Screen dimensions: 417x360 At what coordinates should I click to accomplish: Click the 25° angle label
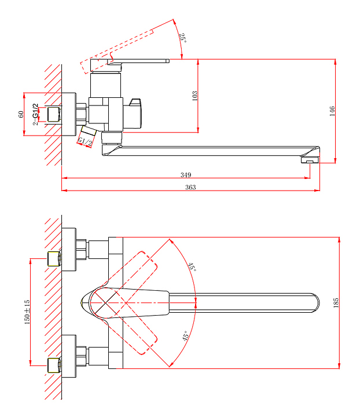point(182,38)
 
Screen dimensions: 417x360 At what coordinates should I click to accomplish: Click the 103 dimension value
point(194,96)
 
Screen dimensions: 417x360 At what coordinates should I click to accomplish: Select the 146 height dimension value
point(332,111)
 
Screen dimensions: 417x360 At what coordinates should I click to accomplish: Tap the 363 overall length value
point(190,187)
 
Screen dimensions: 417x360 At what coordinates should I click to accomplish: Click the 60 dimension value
point(21,114)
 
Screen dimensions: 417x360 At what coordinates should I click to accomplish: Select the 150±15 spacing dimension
point(27,312)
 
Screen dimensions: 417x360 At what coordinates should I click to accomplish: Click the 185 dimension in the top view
point(336,302)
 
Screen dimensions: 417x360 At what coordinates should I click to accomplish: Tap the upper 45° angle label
point(192,267)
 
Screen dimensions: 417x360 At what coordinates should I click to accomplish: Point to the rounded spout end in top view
point(314,302)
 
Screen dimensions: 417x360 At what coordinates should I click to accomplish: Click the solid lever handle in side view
point(142,60)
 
